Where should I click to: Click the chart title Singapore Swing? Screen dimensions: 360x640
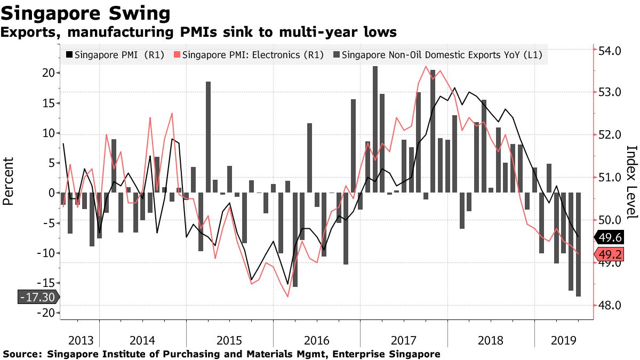click(x=85, y=13)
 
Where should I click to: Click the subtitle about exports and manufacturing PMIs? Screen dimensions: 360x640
click(x=198, y=33)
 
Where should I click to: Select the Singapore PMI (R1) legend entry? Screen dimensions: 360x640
click(x=114, y=54)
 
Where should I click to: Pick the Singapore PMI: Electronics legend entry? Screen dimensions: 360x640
click(x=249, y=54)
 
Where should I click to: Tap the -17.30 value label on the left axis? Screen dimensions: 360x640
click(x=37, y=297)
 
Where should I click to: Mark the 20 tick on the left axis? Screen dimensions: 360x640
click(x=49, y=73)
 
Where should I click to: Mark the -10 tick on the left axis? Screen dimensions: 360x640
click(x=46, y=253)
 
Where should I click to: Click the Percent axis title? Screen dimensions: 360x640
click(x=9, y=181)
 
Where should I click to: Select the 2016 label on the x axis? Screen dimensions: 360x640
click(x=316, y=340)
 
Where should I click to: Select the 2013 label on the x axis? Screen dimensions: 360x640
click(x=79, y=340)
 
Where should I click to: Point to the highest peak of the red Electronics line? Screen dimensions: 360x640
click(x=426, y=67)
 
